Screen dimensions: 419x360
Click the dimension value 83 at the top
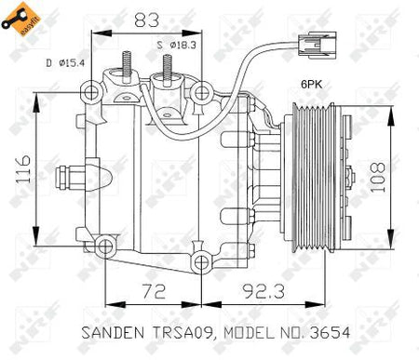tap(146, 20)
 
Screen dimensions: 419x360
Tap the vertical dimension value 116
tap(23, 169)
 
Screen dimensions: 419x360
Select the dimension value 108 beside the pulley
tap(377, 177)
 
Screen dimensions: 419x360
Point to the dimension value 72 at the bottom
tap(154, 291)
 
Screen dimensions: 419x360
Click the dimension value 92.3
tap(264, 291)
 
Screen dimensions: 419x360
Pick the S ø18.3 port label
tap(176, 46)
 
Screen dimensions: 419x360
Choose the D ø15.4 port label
tap(65, 63)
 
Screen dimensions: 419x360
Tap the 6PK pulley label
tap(312, 84)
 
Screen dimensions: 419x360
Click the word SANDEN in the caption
tap(113, 332)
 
